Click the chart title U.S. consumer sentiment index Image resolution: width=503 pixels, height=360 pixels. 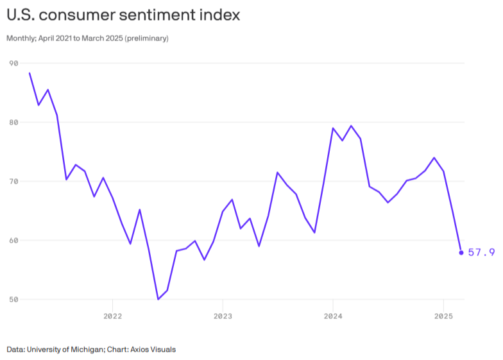[x=123, y=15]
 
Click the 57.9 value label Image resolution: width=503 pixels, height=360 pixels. [x=481, y=252]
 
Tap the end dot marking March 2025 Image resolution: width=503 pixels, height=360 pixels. [x=461, y=252]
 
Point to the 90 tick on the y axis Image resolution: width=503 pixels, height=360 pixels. [x=13, y=63]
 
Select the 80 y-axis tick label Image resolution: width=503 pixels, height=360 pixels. [x=13, y=122]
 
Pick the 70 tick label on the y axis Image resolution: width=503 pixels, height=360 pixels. [x=13, y=182]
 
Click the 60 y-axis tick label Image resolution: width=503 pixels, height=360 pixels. [x=13, y=241]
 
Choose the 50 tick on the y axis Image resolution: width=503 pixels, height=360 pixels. [x=13, y=300]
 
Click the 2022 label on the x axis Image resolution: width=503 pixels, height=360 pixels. [x=112, y=316]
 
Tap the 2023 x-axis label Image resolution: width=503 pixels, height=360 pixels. [x=223, y=316]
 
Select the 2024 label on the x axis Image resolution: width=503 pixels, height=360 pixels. [x=333, y=316]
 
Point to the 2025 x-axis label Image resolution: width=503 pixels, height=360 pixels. [x=443, y=316]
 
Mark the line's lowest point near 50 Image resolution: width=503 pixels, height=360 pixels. [x=158, y=299]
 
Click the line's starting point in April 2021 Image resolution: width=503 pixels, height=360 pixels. [x=30, y=73]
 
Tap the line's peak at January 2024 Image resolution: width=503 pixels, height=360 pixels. [x=333, y=128]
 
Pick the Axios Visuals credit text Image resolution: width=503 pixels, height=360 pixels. [x=153, y=350]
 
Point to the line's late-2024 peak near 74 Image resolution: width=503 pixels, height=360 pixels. [x=434, y=157]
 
